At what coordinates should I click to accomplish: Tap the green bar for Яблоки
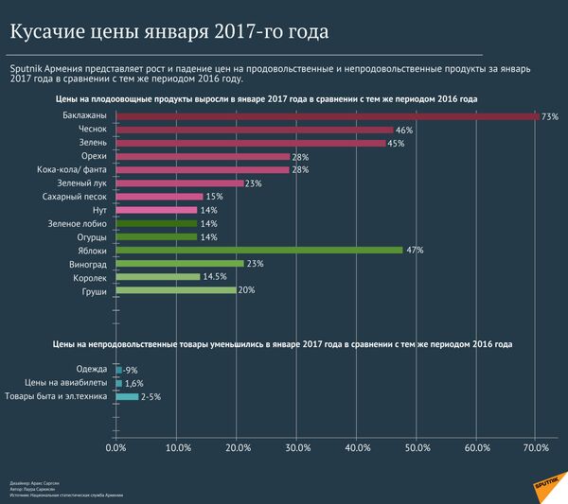[259, 250]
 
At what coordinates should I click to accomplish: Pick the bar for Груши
[175, 290]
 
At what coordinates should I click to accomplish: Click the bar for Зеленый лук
[179, 183]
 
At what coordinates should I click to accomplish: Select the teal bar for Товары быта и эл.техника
[126, 397]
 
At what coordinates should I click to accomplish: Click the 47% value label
[415, 251]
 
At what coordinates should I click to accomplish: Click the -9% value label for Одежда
[130, 370]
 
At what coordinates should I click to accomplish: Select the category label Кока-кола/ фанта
[75, 169]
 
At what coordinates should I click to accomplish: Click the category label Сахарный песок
[79, 196]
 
